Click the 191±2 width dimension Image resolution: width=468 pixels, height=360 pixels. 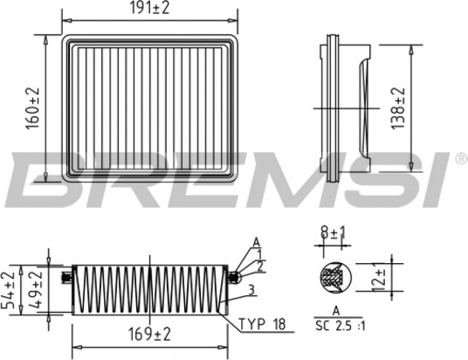coord(150,8)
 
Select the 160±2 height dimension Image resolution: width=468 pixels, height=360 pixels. coord(32,108)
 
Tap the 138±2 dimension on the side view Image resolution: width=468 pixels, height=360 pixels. coord(398,108)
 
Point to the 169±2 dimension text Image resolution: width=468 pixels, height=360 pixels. coord(150,334)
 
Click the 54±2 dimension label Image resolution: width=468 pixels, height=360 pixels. coord(9,290)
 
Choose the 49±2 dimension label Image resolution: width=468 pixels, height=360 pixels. coord(36,290)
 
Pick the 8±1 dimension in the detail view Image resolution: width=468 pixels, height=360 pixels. coord(333,232)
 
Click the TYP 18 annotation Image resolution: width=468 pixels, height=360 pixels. coord(262,324)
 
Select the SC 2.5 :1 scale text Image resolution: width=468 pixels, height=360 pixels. coord(341,326)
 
